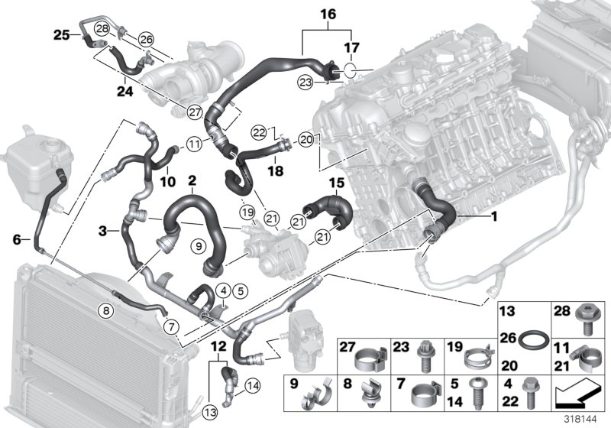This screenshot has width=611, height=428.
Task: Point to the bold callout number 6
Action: coord(16,238)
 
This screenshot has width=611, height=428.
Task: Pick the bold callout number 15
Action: coord(337,184)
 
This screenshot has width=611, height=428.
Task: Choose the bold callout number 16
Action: coord(327,14)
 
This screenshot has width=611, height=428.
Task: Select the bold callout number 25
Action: coord(61,33)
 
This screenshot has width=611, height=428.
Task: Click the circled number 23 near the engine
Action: coord(305,80)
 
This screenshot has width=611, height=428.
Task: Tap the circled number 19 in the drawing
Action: coord(245,211)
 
